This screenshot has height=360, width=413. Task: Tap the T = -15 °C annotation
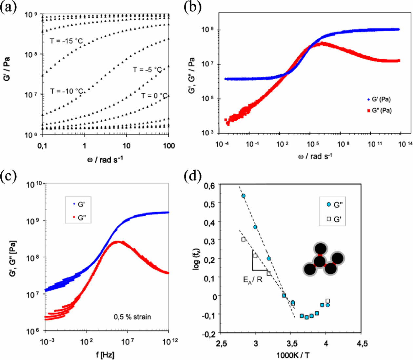66,41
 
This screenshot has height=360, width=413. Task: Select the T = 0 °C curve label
154,96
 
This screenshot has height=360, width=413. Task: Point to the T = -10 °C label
67,91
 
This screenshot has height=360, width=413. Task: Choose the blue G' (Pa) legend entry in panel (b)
379,99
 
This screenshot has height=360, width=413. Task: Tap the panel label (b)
193,7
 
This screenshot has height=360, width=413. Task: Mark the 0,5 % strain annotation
132,317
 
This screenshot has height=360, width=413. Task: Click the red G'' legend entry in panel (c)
79,218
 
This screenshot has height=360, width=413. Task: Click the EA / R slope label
252,280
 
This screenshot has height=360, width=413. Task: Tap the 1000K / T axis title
293,355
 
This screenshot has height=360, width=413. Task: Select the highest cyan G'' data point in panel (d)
244,196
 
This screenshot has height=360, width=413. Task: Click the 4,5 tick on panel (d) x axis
361,344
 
